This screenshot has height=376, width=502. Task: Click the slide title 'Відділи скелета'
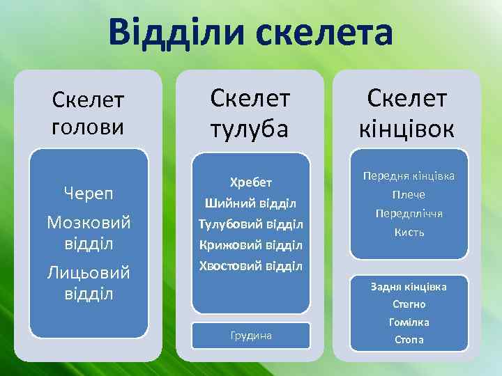point(250,34)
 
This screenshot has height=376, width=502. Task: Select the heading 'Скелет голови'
point(89,115)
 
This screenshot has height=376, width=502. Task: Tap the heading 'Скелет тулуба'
point(250,113)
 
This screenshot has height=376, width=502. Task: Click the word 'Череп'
point(89,192)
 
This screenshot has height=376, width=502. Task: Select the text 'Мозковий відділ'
point(89,233)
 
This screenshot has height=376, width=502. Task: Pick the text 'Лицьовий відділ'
point(89,283)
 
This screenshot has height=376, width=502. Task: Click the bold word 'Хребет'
point(250,182)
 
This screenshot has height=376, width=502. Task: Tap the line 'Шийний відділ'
point(250,203)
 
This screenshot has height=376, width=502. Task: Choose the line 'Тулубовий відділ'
point(250,224)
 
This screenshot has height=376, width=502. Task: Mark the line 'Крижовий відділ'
point(250,245)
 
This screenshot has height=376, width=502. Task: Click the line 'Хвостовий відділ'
point(250,266)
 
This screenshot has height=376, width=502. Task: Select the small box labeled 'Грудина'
point(250,336)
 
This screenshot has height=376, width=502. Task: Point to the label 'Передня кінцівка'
point(409,176)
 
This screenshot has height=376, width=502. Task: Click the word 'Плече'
point(409,195)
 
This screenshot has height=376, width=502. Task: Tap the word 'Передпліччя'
point(409,214)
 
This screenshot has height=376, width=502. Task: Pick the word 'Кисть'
point(409,233)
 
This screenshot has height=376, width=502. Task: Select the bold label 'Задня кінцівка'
point(409,286)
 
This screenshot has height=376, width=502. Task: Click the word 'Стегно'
point(409,304)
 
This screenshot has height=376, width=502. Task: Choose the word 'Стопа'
point(409,340)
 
